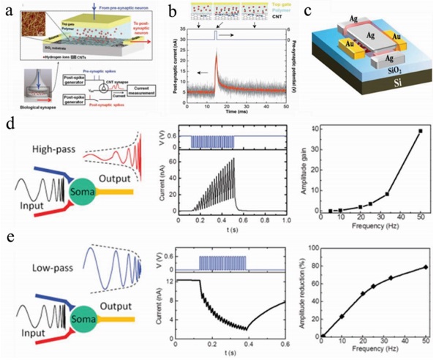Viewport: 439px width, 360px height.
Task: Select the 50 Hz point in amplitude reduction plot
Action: (x=421, y=267)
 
